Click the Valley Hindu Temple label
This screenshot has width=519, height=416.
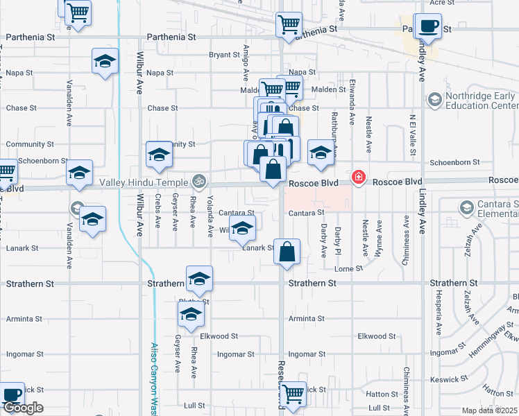(144, 182)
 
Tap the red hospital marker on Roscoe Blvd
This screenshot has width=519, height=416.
(358, 177)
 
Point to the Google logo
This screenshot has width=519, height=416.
(22, 408)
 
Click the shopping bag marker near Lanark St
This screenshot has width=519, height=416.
(287, 252)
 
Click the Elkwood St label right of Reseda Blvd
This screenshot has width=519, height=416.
(377, 336)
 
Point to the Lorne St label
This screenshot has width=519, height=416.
(349, 268)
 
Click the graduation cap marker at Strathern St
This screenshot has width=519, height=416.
(198, 279)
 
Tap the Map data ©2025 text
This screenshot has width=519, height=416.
(490, 410)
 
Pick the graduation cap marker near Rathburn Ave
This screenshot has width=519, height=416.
(321, 153)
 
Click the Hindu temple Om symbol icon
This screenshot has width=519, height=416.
(200, 182)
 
